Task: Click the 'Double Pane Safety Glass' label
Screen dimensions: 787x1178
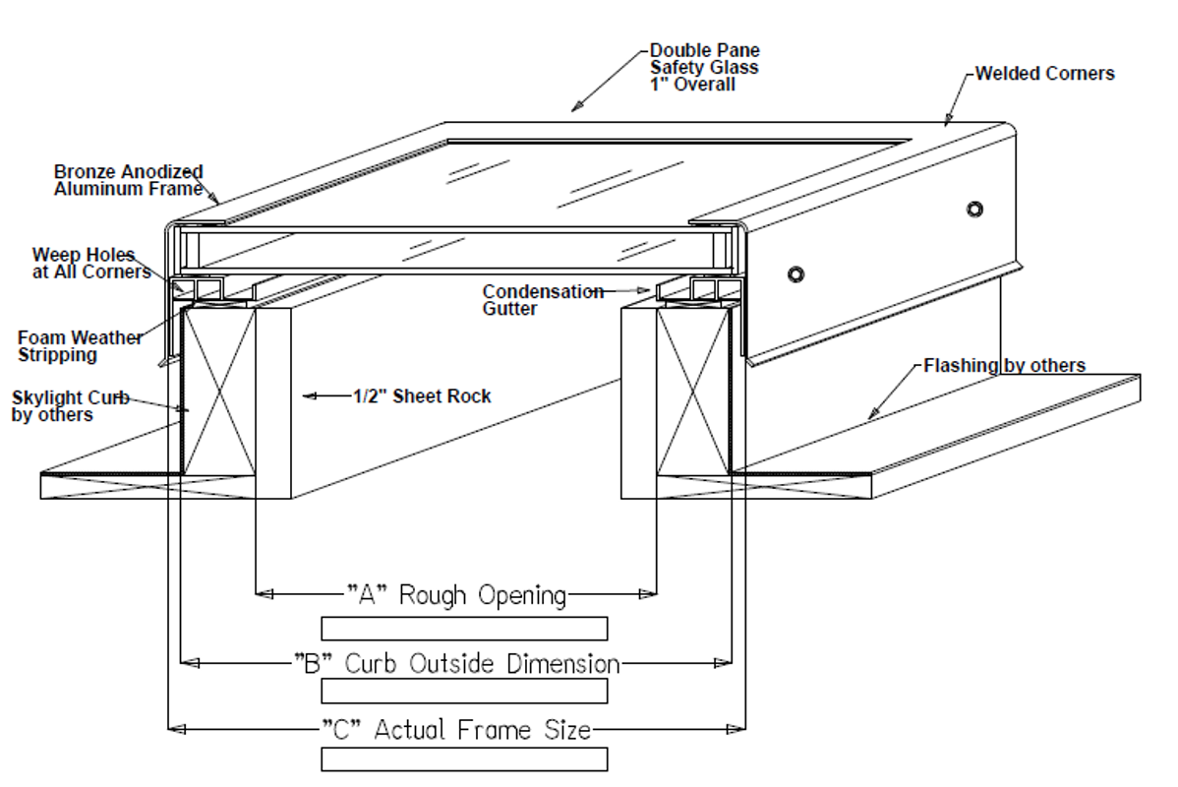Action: coord(704,67)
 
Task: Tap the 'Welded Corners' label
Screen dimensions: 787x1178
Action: coord(1045,74)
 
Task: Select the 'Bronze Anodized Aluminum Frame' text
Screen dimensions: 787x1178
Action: coord(128,180)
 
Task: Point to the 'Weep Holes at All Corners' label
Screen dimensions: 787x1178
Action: coord(90,264)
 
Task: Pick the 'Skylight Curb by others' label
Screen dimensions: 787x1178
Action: coord(69,406)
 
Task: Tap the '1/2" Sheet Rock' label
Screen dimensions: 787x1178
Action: coord(422,396)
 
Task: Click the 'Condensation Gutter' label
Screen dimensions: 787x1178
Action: coord(542,300)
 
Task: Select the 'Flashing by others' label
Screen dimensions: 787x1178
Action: coord(1004,366)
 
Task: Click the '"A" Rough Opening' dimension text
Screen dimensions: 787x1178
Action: coord(456,594)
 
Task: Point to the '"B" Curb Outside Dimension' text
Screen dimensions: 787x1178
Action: coord(456,663)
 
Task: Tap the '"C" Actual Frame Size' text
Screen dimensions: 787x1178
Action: coord(456,729)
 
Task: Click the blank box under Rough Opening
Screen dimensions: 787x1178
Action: coord(464,628)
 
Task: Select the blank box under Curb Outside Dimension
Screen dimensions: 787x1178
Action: coord(464,691)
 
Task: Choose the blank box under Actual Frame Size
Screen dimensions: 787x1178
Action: coord(464,758)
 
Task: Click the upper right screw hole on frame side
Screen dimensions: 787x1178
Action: coord(974,209)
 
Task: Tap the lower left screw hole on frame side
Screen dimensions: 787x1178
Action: coord(795,273)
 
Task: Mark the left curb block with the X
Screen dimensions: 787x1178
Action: coord(218,391)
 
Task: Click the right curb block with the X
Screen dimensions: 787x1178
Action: coord(694,391)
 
